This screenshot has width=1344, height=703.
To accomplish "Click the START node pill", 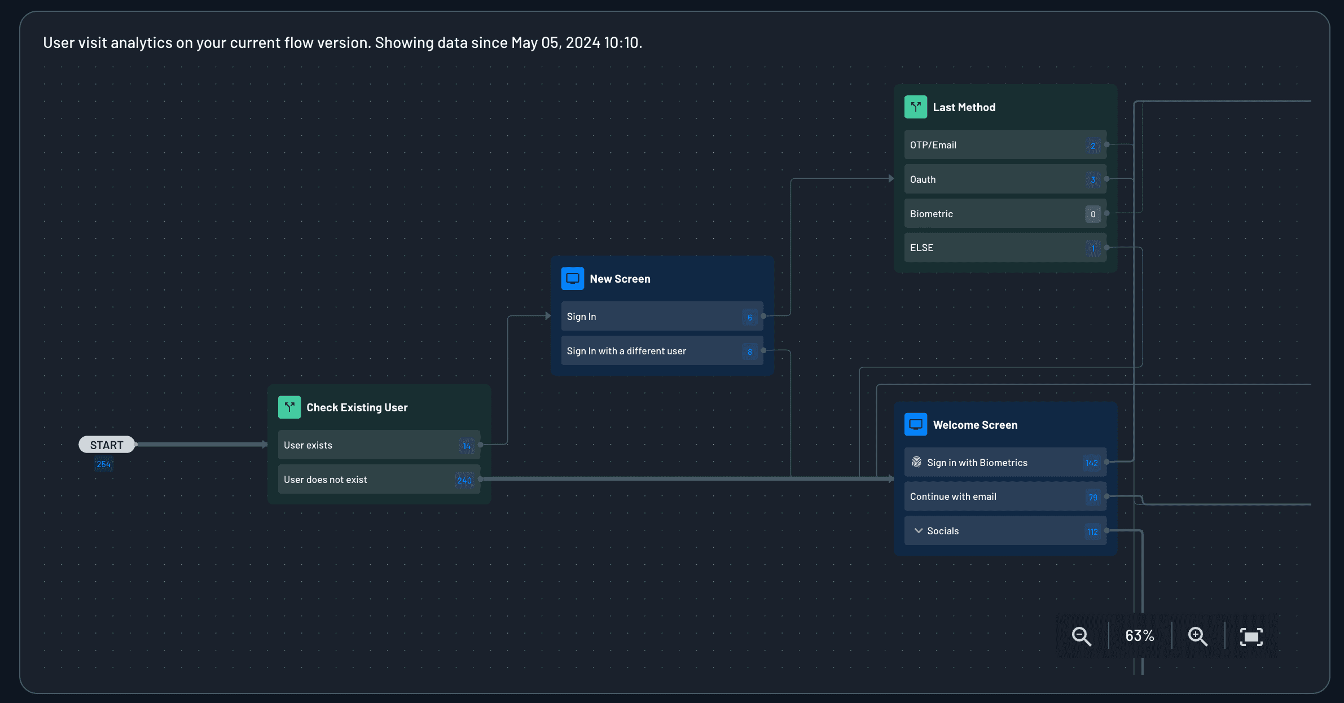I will [x=107, y=445].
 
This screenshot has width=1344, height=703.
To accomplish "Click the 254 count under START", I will [x=104, y=464].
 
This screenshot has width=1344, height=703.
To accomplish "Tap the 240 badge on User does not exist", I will [x=464, y=480].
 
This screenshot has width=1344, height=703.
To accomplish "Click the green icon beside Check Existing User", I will [x=289, y=407].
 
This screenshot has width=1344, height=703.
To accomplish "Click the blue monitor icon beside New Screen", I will [x=572, y=278].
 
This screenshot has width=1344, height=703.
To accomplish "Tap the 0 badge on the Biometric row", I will [x=1093, y=214].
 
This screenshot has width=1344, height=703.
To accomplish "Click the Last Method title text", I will [x=964, y=107].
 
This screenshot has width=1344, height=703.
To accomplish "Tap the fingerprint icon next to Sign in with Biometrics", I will [x=917, y=462].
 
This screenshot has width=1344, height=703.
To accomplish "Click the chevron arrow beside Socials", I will [x=919, y=531].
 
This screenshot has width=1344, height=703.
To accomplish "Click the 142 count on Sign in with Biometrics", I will [x=1092, y=463].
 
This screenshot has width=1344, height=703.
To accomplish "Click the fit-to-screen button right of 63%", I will [x=1251, y=636].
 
